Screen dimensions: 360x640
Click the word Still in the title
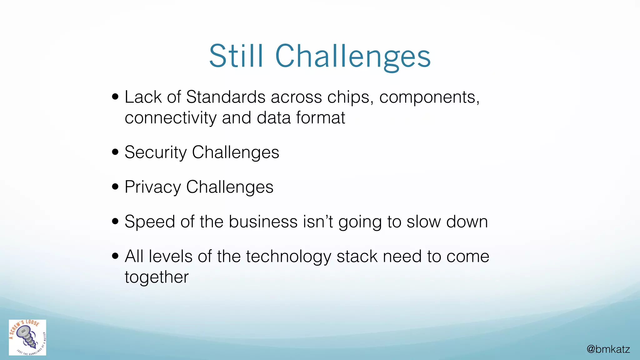236,56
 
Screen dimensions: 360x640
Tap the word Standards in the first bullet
226,97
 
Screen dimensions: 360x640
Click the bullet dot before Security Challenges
115,152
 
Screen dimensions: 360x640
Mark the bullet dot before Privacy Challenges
115,187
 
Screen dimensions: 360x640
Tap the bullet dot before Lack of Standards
115,97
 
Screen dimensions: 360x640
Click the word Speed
150,222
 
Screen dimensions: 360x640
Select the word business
263,222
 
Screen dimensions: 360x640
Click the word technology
288,257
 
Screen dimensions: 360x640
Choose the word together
157,277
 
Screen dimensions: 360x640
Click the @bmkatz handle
608,349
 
